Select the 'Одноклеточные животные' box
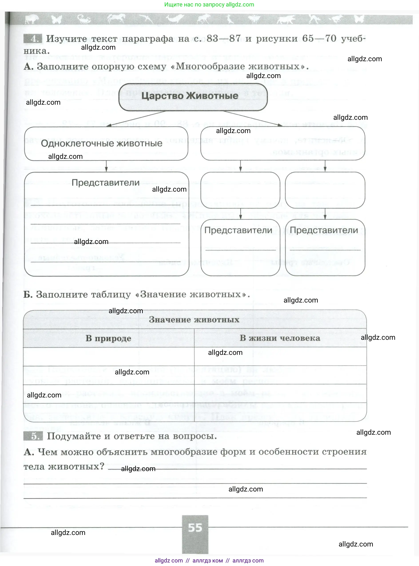pyautogui.click(x=106, y=143)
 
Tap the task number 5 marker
pyautogui.click(x=33, y=436)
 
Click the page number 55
pyautogui.click(x=195, y=528)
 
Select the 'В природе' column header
pyautogui.click(x=108, y=338)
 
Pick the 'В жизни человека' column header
pyautogui.click(x=280, y=338)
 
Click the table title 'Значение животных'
pyautogui.click(x=194, y=319)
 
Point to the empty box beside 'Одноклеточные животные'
pyautogui.click(x=282, y=143)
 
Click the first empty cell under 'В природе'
pyautogui.click(x=108, y=356)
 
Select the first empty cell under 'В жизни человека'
pyautogui.click(x=280, y=356)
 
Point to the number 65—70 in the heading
pyautogui.click(x=319, y=39)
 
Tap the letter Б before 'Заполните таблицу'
pyautogui.click(x=28, y=294)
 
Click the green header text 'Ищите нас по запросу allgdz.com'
pyautogui.click(x=209, y=5)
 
